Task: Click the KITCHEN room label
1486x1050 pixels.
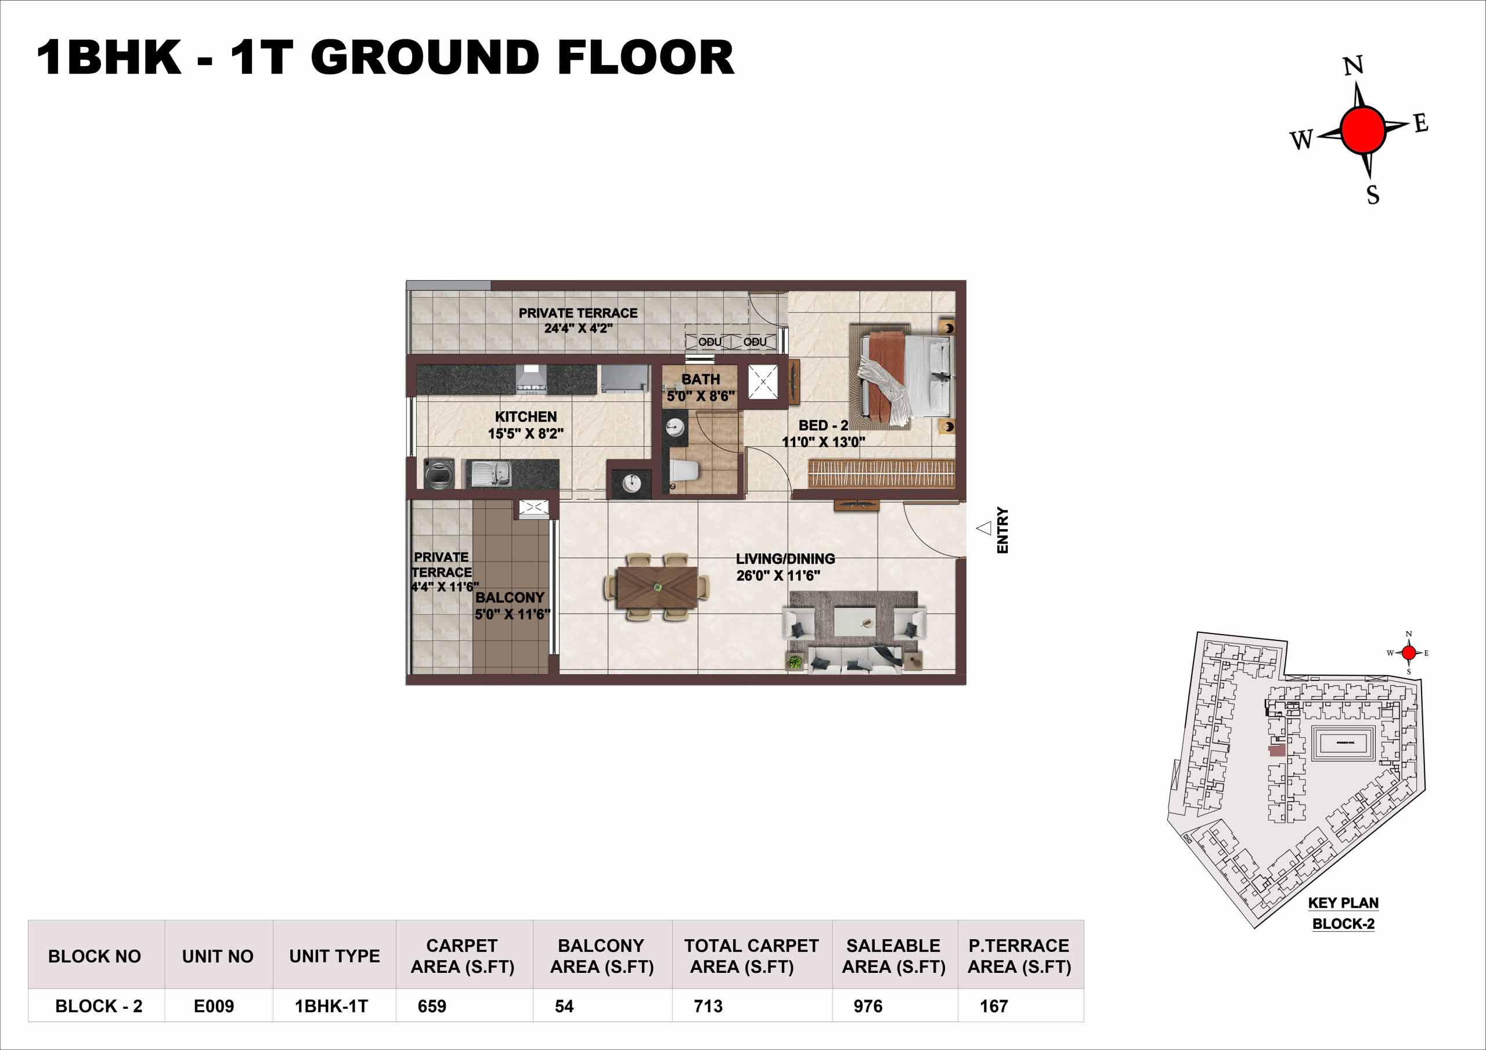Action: tap(525, 417)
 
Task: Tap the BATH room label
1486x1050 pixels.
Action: tap(700, 380)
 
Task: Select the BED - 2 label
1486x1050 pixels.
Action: tap(823, 426)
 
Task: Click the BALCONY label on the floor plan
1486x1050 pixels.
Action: tap(509, 598)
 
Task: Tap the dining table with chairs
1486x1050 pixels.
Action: tap(657, 588)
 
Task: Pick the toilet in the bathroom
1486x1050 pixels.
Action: tap(685, 472)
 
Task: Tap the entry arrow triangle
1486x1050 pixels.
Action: tap(984, 528)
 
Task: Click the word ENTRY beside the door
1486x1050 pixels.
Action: tap(1002, 530)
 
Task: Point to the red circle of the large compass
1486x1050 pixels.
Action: tap(1363, 131)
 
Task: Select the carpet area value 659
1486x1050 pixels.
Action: tap(432, 1006)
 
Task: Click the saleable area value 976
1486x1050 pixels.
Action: tap(867, 1006)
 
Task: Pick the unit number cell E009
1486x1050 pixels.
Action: tap(214, 1006)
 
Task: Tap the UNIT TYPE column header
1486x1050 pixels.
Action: tap(334, 956)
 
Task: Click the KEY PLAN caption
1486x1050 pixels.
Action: tap(1344, 903)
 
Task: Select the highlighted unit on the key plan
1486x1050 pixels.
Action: tap(1276, 751)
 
